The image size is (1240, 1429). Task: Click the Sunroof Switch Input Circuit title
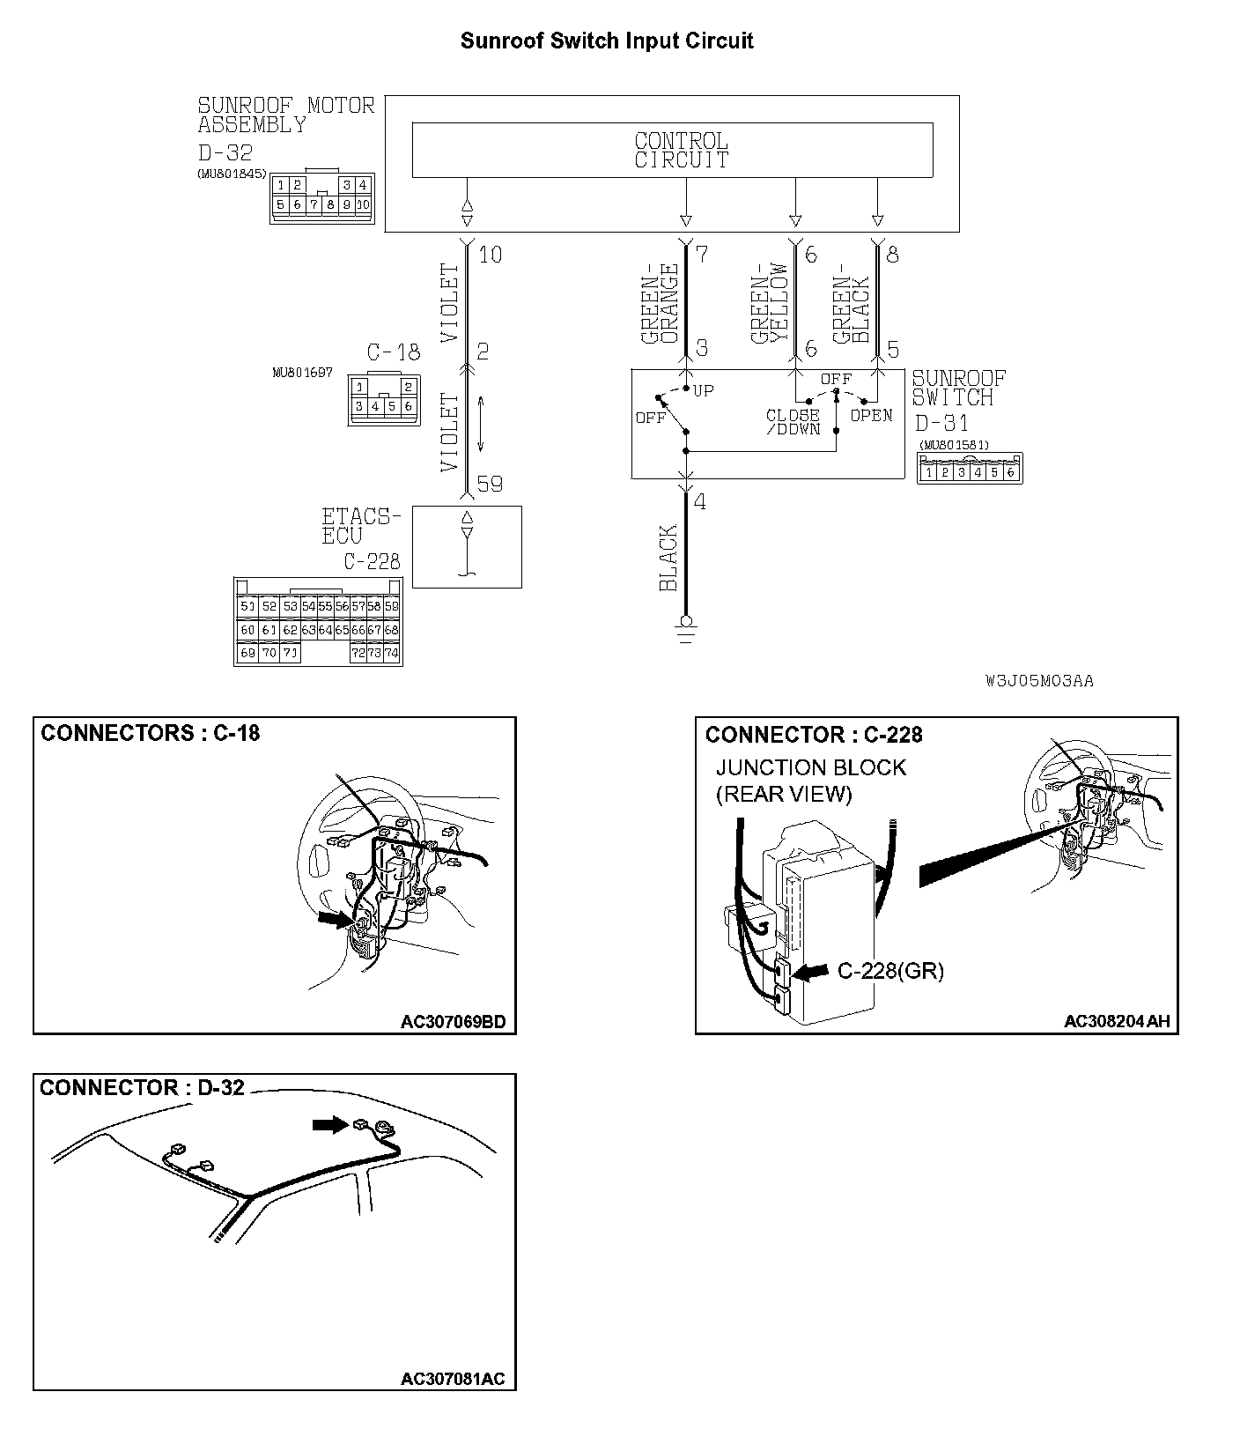coord(607,41)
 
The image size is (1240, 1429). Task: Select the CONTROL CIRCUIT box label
coord(681,151)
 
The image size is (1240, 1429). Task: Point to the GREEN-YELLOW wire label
coord(770,303)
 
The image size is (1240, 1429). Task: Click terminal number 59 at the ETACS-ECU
coord(490,485)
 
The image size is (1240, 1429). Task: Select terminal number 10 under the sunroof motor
coord(490,255)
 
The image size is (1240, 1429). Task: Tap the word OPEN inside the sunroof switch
coord(871,416)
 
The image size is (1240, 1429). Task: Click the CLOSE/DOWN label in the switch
coord(793,422)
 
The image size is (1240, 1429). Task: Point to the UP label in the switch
coord(704,390)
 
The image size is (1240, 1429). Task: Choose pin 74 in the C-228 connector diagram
coord(391,654)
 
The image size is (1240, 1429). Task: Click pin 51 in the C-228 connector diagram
coord(247,606)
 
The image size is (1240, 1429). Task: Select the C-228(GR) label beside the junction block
coord(889,971)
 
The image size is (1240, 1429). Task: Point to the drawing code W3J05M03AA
coord(1040,681)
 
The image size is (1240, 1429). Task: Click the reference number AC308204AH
coord(1117,1021)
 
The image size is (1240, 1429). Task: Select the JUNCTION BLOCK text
coord(810,767)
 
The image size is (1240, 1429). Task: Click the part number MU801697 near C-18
coord(303,373)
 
